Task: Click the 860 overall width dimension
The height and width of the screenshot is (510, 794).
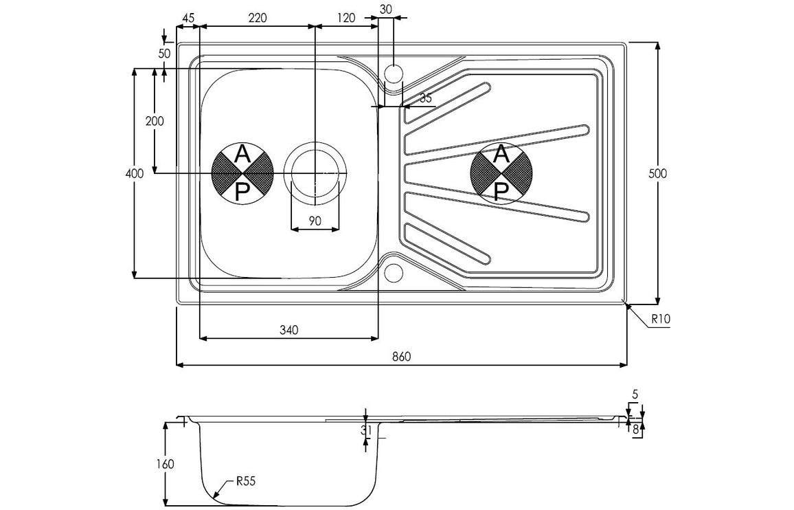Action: (401, 356)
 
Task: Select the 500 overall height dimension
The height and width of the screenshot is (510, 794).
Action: (657, 173)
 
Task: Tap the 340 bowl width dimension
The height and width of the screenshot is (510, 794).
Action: (288, 331)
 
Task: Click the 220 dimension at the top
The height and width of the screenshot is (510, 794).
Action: (257, 19)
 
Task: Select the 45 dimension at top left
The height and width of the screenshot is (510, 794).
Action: (188, 19)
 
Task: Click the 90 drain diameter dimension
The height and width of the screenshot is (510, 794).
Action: (315, 221)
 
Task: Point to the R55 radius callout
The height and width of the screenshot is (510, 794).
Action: (246, 482)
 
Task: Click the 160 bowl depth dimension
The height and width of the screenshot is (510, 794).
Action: (165, 464)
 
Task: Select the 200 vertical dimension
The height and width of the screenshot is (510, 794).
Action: (155, 121)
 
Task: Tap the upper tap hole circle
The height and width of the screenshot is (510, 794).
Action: (393, 72)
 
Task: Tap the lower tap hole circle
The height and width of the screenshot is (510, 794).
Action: (393, 272)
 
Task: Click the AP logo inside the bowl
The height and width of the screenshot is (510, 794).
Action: (242, 173)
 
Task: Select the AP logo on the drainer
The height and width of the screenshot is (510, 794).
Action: (501, 173)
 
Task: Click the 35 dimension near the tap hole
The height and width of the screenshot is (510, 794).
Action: (425, 98)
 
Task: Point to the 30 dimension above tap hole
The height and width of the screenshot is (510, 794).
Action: (385, 9)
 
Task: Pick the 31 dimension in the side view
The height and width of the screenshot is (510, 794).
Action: (366, 431)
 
